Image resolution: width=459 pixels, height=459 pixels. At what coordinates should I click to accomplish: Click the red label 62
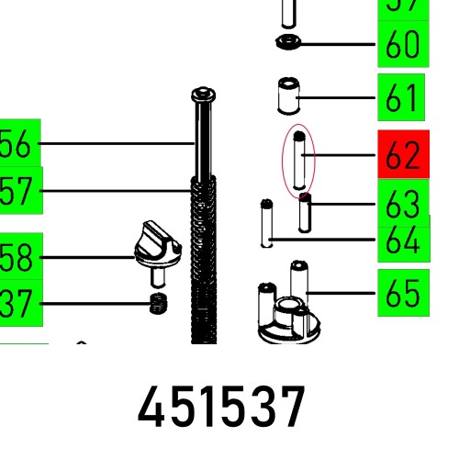(x=403, y=155)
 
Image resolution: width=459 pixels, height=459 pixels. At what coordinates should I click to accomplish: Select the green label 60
(x=403, y=43)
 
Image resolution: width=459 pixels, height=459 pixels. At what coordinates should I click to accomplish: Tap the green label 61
(x=403, y=97)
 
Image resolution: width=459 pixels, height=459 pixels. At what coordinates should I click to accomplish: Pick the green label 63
(x=403, y=200)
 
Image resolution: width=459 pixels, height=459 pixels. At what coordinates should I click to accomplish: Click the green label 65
(x=403, y=294)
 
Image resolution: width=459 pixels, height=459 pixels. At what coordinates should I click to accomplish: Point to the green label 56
(x=17, y=144)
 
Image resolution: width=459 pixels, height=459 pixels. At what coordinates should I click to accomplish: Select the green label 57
(x=17, y=191)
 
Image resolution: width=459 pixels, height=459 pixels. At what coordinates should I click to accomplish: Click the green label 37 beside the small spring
(x=17, y=303)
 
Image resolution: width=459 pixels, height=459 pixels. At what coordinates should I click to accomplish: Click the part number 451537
(x=221, y=409)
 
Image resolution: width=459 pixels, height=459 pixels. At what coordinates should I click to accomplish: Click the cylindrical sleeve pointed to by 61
(x=290, y=96)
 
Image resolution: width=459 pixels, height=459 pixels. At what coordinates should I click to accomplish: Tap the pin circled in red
(x=298, y=161)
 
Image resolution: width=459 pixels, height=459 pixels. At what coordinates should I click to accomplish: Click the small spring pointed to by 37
(x=160, y=305)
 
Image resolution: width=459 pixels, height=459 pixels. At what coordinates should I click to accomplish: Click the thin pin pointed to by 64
(x=266, y=223)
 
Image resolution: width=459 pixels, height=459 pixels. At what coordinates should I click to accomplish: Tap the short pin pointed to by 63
(x=305, y=213)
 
